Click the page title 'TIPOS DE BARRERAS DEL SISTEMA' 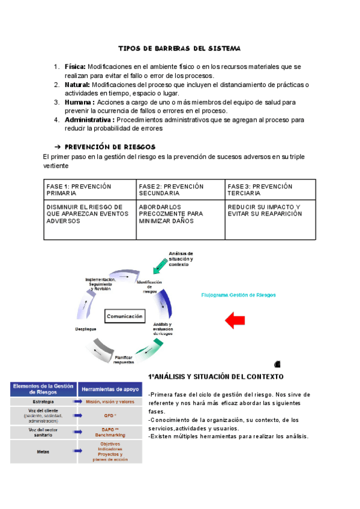[179, 47]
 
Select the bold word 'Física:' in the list [76, 67]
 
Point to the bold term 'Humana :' [80, 102]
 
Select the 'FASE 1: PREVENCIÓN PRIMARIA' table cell [90, 190]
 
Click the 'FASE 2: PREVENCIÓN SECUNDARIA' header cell [181, 190]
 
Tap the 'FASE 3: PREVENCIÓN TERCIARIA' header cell [270, 190]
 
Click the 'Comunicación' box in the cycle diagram [125, 316]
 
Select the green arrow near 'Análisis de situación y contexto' [161, 262]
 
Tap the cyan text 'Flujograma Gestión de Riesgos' [238, 295]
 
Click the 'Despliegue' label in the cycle [86, 329]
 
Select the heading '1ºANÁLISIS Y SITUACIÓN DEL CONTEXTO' [215, 376]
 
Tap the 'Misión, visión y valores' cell [110, 402]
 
